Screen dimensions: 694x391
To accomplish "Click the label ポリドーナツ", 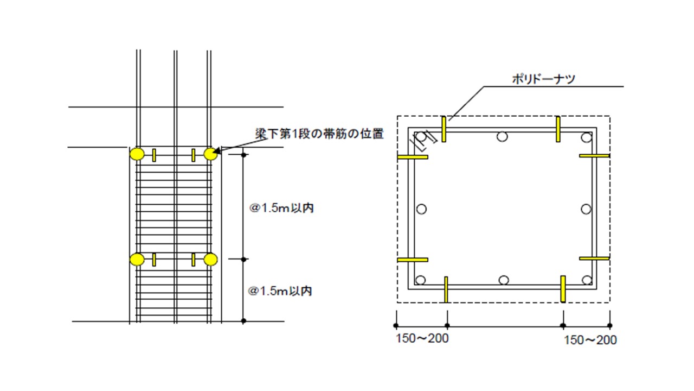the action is pos(543,79).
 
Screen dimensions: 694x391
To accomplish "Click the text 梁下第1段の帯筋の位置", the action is pos(319,134).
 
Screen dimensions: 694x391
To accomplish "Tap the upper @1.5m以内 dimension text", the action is pos(281,208).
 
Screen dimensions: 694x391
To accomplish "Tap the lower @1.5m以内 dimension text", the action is pos(280,291).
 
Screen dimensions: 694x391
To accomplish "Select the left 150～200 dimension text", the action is pos(422,338).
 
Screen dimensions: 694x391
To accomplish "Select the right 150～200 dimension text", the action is pos(590,340).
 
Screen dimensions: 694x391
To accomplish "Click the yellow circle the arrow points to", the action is pos(210,154).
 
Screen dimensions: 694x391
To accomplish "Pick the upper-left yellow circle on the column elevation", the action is pos(137,154).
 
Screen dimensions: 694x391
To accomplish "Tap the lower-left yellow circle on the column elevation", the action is pos(137,260).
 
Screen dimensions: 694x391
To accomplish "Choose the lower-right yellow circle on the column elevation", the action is pos(210,260).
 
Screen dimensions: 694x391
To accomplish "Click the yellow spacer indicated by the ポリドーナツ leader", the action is pos(444,129).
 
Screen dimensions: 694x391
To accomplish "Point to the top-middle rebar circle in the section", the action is pos(502,136).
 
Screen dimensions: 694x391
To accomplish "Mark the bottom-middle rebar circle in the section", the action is pos(504,280).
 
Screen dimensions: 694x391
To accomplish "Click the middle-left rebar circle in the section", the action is pos(421,209).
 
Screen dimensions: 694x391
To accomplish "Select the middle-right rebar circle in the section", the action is pos(586,209).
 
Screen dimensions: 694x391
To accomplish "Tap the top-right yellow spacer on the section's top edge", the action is pos(558,129).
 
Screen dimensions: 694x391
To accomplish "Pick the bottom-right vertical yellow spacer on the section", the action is pos(563,289).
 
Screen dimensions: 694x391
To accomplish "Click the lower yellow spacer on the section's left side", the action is pos(413,260).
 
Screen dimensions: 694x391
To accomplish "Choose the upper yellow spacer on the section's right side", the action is pos(595,155).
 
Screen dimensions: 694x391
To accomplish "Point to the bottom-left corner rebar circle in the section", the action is pos(420,280).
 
